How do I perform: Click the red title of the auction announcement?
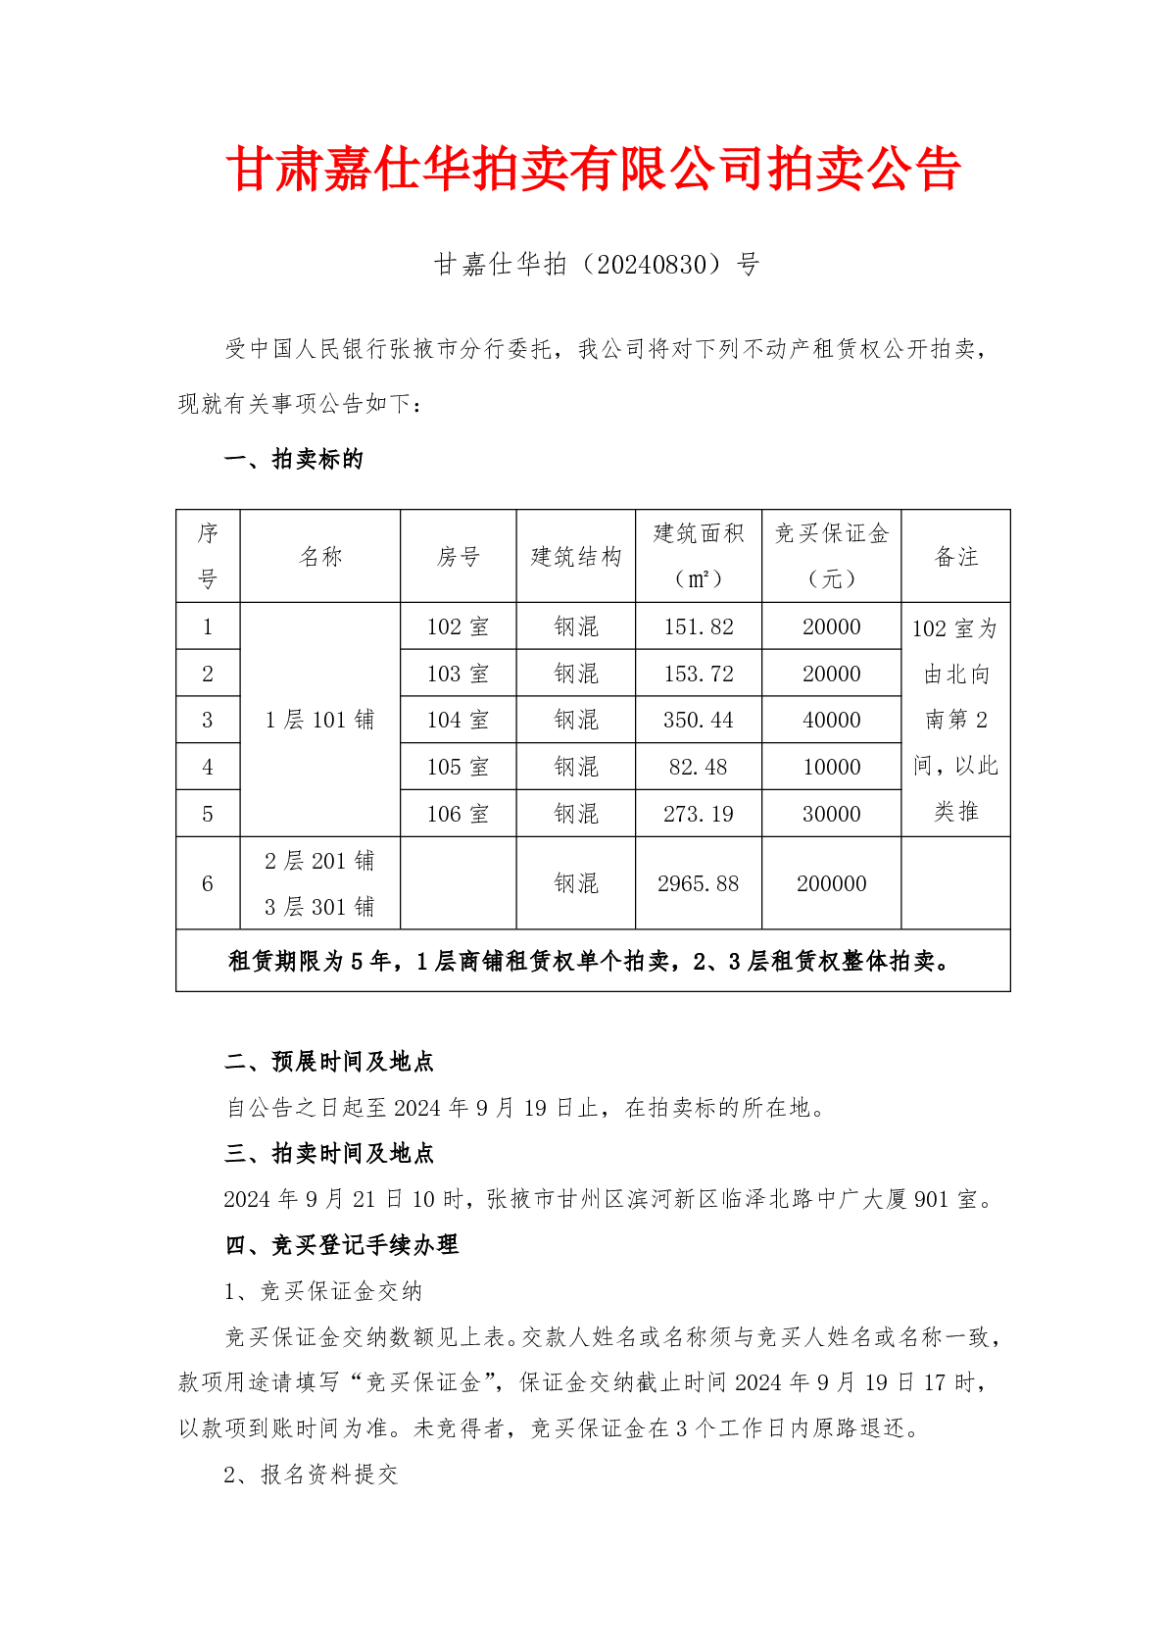[593, 170]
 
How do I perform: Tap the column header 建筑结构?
[576, 557]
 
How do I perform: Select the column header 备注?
[955, 557]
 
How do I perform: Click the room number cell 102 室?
[458, 626]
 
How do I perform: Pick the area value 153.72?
[698, 674]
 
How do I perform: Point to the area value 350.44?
[698, 720]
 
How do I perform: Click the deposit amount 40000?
[831, 720]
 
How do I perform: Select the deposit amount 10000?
[831, 767]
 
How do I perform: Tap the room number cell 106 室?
[458, 814]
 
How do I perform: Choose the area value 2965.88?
[698, 883]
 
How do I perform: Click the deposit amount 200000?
[831, 883]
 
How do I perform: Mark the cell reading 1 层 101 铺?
[319, 720]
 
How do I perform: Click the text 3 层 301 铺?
[319, 907]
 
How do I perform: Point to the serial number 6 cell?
[208, 883]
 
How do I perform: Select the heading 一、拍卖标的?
[294, 459]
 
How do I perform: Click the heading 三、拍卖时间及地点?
[329, 1153]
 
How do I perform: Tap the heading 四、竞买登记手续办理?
[342, 1245]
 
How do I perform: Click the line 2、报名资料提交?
[311, 1475]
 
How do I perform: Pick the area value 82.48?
[698, 767]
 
